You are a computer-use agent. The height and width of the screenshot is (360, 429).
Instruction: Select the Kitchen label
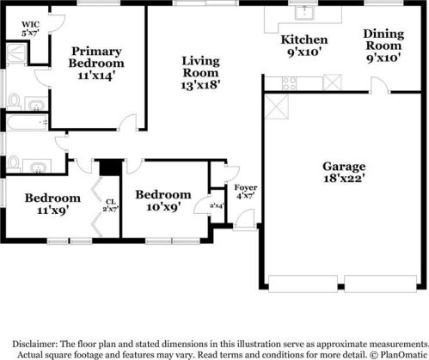(304, 40)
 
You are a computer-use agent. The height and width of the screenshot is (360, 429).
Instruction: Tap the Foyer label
(245, 187)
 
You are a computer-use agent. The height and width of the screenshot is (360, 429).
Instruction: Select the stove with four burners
(290, 82)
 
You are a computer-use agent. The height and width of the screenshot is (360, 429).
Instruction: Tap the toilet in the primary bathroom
(15, 101)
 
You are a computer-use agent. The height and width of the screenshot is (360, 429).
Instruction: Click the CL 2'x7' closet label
(110, 203)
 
